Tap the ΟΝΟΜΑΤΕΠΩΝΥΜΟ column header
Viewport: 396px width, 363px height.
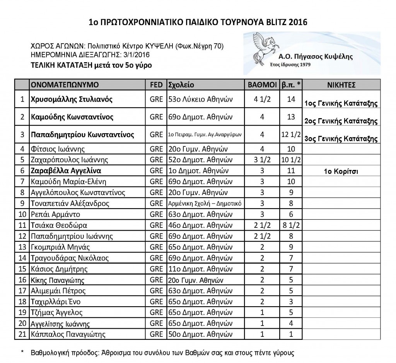tap(65, 85)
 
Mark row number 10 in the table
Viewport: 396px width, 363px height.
tap(22, 214)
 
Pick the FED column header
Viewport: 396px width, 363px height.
tap(156, 85)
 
